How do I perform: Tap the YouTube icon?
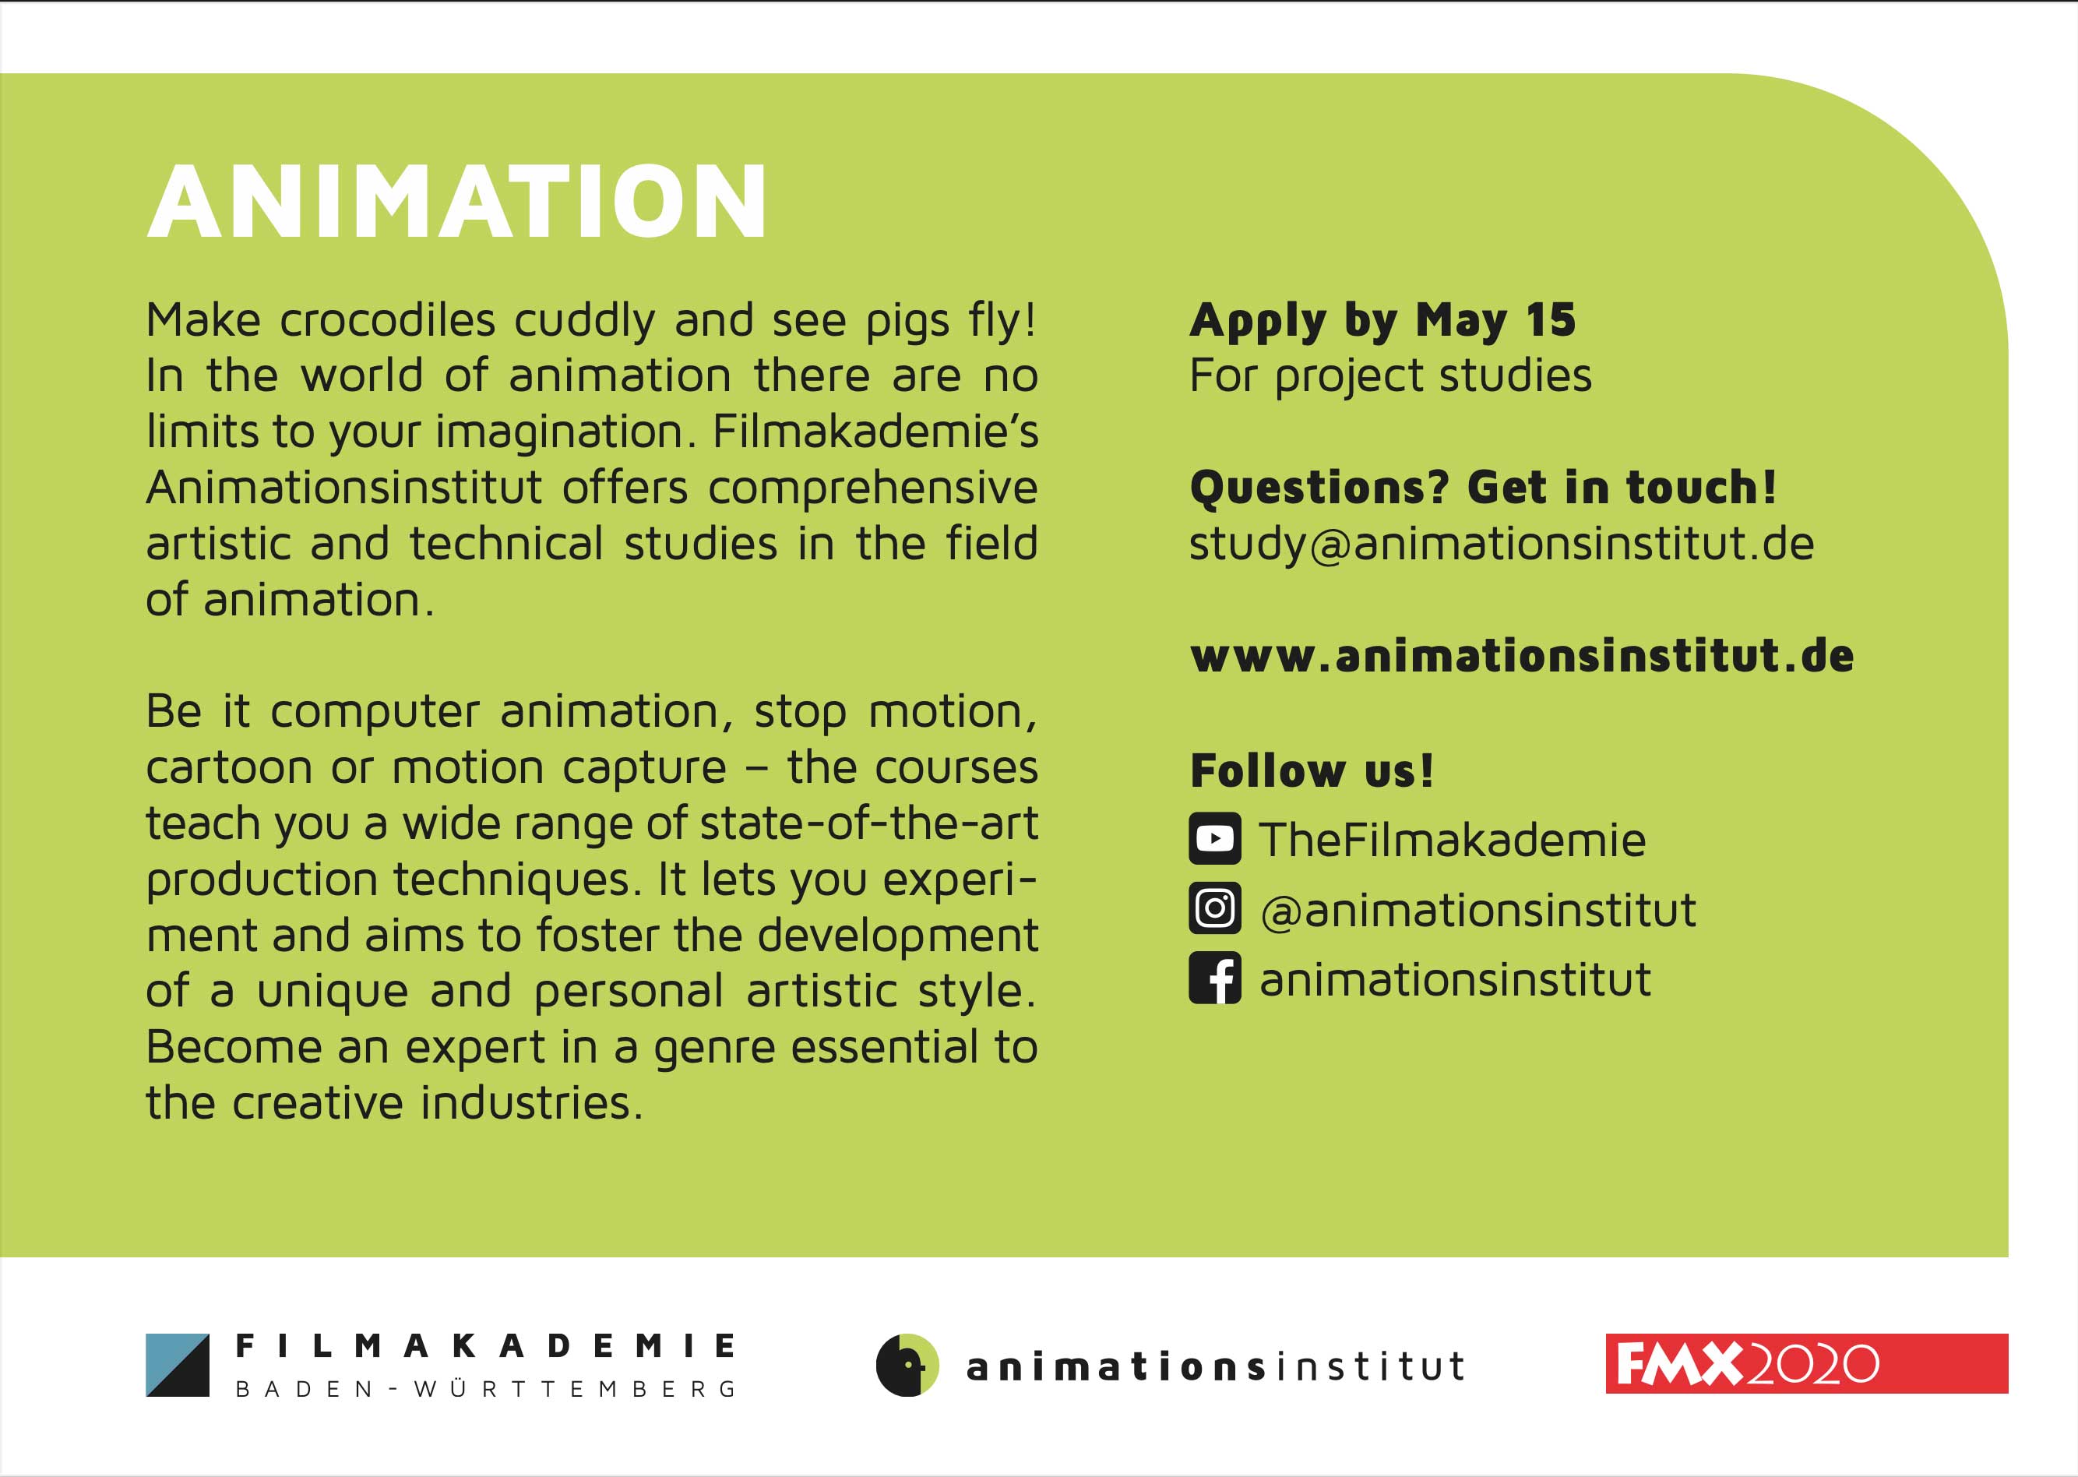(x=1214, y=837)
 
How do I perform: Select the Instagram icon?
(x=1214, y=908)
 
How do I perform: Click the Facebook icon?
(x=1214, y=978)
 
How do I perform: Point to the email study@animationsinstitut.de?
(x=1502, y=545)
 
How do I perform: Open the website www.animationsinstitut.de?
(x=1521, y=656)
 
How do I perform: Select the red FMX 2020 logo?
(x=1807, y=1363)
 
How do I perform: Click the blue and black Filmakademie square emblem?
(x=178, y=1364)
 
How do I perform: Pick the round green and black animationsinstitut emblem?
(x=907, y=1364)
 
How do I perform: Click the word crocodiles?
(x=387, y=320)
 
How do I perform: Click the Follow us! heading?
(x=1312, y=770)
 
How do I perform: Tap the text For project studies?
(x=1390, y=376)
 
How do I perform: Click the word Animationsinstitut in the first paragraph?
(x=343, y=488)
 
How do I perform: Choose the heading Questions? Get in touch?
(x=1482, y=487)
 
